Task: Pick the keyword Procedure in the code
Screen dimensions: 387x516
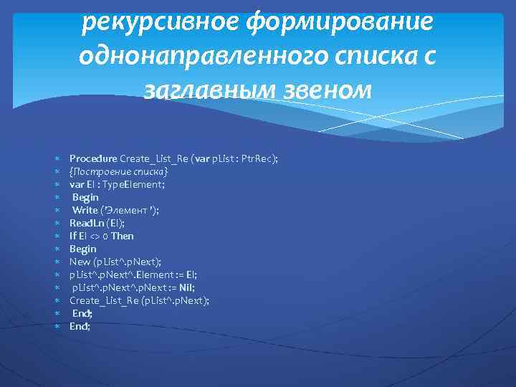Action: [92, 158]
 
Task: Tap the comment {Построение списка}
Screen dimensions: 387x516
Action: [118, 171]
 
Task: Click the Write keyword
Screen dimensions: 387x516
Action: [85, 210]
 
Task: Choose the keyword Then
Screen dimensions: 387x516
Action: [123, 236]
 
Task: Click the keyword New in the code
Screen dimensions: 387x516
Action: [79, 262]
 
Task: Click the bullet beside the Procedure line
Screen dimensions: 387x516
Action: [56, 158]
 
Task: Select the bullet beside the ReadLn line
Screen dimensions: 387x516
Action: [56, 223]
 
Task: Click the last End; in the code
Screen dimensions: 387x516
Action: [78, 326]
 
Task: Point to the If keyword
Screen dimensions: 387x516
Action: [73, 236]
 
